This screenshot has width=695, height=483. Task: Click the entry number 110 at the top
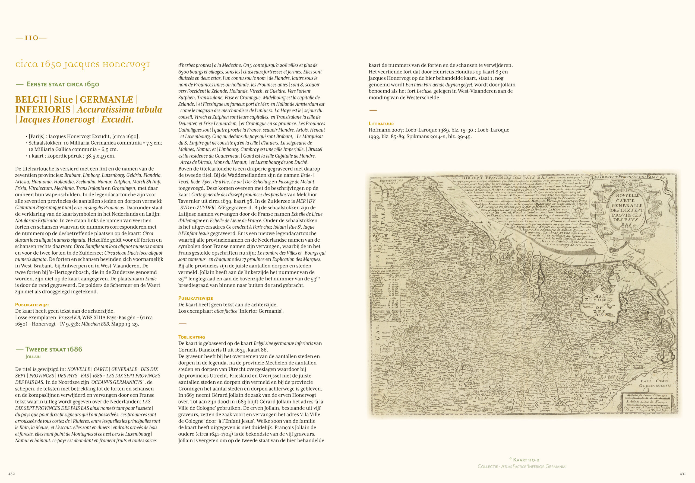(x=31, y=38)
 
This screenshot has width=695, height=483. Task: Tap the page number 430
(x=11, y=474)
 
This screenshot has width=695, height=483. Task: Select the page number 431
(x=683, y=474)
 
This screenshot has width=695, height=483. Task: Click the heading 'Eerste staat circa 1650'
(x=63, y=84)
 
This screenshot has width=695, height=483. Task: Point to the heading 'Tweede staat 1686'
(x=53, y=349)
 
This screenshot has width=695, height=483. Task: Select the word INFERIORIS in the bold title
(x=43, y=110)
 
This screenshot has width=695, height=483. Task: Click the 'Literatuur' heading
(x=381, y=123)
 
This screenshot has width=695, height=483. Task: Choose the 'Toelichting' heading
(x=191, y=337)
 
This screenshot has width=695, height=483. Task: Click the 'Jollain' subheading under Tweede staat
(x=33, y=357)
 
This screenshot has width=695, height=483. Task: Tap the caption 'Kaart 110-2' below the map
(x=526, y=460)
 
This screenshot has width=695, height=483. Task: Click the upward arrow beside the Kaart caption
(x=511, y=459)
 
